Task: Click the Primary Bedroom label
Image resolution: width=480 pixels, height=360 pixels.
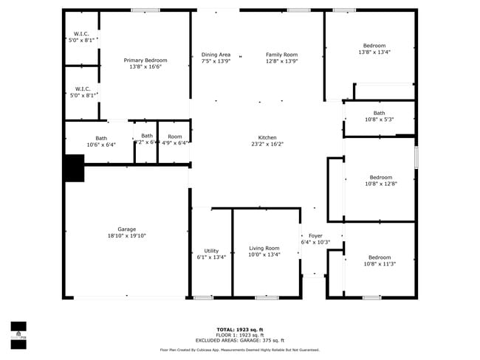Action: pyautogui.click(x=145, y=60)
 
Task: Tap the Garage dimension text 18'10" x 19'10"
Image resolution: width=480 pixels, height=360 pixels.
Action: pyautogui.click(x=122, y=237)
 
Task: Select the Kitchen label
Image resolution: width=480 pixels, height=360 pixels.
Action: pyautogui.click(x=267, y=138)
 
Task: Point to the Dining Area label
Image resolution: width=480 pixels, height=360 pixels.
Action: pyautogui.click(x=216, y=55)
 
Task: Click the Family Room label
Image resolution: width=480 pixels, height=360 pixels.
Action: pyautogui.click(x=282, y=55)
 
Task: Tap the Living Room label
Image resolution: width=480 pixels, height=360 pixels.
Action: pyautogui.click(x=264, y=249)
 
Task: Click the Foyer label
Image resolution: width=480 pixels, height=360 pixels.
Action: pyautogui.click(x=315, y=235)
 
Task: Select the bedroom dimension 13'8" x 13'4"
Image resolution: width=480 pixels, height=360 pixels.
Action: pyautogui.click(x=374, y=52)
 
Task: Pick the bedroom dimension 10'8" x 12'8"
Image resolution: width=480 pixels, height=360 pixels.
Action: pyautogui.click(x=381, y=184)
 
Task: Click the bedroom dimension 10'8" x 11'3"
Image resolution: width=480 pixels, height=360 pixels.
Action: pyautogui.click(x=380, y=264)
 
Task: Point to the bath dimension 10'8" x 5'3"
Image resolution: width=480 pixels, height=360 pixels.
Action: pyautogui.click(x=379, y=120)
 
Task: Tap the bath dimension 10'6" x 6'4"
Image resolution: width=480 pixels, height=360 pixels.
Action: pyautogui.click(x=101, y=145)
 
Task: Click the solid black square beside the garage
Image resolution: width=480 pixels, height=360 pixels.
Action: pyautogui.click(x=74, y=168)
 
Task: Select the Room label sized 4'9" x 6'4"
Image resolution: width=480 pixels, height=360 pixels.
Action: pyautogui.click(x=174, y=136)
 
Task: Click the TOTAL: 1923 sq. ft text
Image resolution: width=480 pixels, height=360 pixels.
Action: pyautogui.click(x=239, y=329)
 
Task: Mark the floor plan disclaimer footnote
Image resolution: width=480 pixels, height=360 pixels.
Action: pyautogui.click(x=239, y=350)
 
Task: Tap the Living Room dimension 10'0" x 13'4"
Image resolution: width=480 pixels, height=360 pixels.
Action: pyautogui.click(x=264, y=255)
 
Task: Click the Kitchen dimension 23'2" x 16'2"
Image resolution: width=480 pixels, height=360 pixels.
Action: pyautogui.click(x=267, y=145)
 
